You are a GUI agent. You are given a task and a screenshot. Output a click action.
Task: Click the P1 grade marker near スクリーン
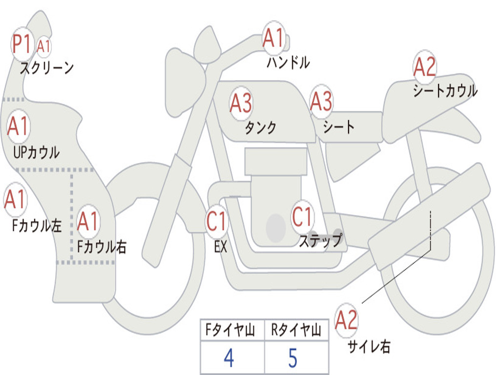tap(22, 44)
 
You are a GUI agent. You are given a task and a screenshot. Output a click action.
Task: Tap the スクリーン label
tap(47, 67)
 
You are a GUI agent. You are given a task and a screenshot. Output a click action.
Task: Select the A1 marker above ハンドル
tap(273, 38)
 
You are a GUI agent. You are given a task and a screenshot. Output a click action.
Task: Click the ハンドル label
tap(288, 62)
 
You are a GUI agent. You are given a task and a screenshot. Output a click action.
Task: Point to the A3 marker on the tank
tap(241, 104)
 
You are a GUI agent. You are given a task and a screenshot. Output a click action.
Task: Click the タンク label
tap(261, 127)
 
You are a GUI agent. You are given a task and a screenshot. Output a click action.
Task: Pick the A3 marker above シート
tap(321, 102)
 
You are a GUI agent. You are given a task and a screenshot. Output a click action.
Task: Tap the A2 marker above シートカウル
tap(424, 66)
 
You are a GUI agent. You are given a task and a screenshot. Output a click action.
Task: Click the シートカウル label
tap(445, 90)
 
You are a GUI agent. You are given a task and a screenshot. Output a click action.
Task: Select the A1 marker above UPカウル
tap(18, 125)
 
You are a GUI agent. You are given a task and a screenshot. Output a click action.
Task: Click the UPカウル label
tap(36, 152)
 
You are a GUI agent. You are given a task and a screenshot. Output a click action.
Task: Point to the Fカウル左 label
tap(37, 225)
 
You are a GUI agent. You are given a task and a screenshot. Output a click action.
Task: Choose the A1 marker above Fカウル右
tap(88, 221)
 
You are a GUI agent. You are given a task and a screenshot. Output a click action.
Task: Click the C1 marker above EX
tap(216, 221)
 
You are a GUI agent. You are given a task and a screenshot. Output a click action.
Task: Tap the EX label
tap(221, 247)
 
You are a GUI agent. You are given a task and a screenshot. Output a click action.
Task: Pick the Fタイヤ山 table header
tap(230, 330)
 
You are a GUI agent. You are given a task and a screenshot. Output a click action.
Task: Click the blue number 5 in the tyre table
tap(293, 358)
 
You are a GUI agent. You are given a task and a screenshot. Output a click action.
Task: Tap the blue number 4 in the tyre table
tap(229, 358)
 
